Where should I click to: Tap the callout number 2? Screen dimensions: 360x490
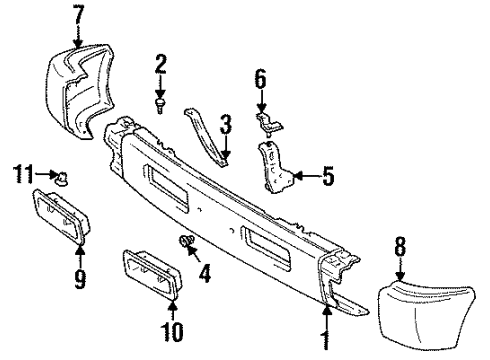tap(161, 67)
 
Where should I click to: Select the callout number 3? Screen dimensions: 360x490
tap(226, 124)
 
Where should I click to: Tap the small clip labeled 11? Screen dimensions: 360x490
tap(61, 180)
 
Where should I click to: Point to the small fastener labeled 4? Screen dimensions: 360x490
tap(185, 241)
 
